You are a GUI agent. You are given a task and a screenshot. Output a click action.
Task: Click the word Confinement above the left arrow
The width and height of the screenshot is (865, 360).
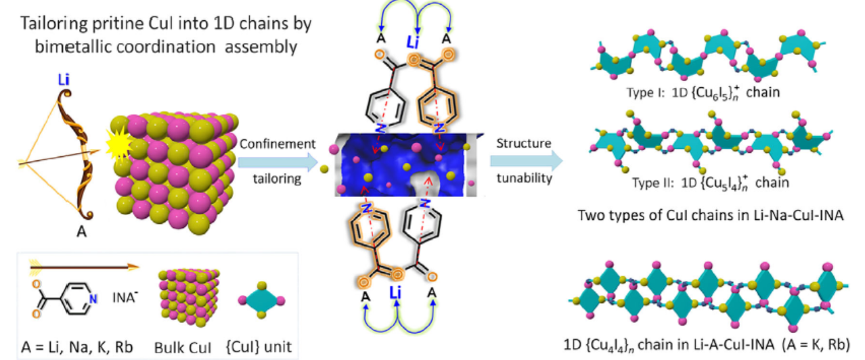[x=278, y=144]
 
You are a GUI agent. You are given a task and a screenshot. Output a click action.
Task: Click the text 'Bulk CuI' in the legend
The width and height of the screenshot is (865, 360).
[x=187, y=346]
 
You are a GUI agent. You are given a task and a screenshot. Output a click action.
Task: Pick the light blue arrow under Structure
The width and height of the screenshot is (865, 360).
[x=525, y=161]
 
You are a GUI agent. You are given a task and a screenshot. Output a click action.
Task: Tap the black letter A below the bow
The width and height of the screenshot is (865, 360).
[x=81, y=231]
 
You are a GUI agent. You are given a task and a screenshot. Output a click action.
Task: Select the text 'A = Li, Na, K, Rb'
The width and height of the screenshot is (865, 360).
[x=73, y=346]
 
